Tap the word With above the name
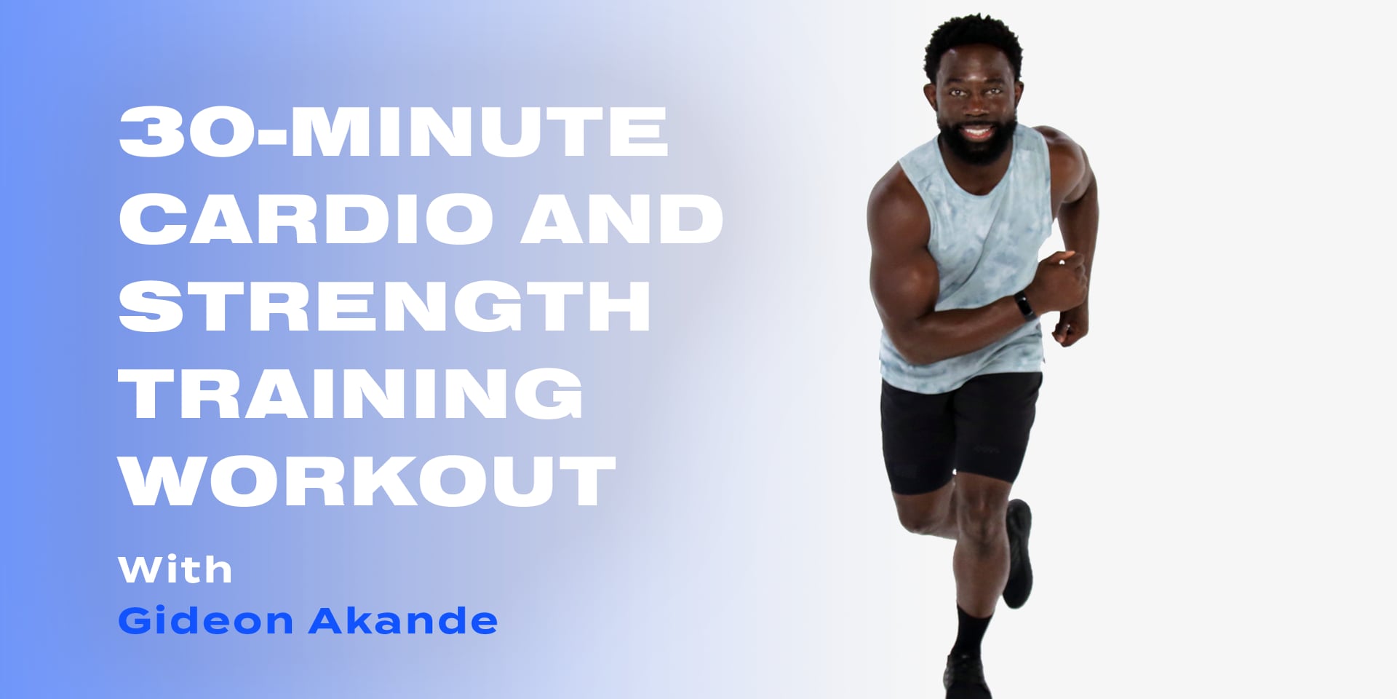pyautogui.click(x=175, y=569)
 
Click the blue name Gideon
pyautogui.click(x=205, y=621)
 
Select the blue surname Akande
pyautogui.click(x=402, y=621)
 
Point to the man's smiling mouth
pyautogui.click(x=976, y=133)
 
